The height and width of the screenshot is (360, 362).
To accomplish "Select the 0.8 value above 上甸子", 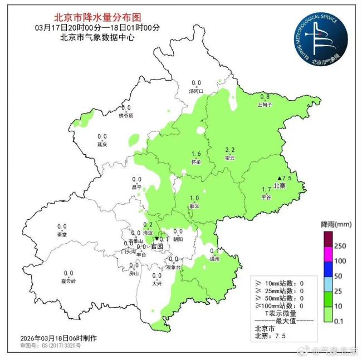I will point(265,96).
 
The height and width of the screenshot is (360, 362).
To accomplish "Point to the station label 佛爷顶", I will point(126,116).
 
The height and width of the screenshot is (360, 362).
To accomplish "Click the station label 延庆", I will point(102,144).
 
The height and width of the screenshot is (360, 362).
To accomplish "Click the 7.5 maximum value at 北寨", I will point(287,178).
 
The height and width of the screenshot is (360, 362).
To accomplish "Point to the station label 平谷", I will point(267,197).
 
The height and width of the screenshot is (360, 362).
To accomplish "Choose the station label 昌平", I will point(136,187).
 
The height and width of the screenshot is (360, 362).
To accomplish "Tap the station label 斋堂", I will point(62,234).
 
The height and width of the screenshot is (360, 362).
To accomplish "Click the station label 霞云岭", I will point(69,281).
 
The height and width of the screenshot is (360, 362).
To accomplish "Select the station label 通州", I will point(214,259).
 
